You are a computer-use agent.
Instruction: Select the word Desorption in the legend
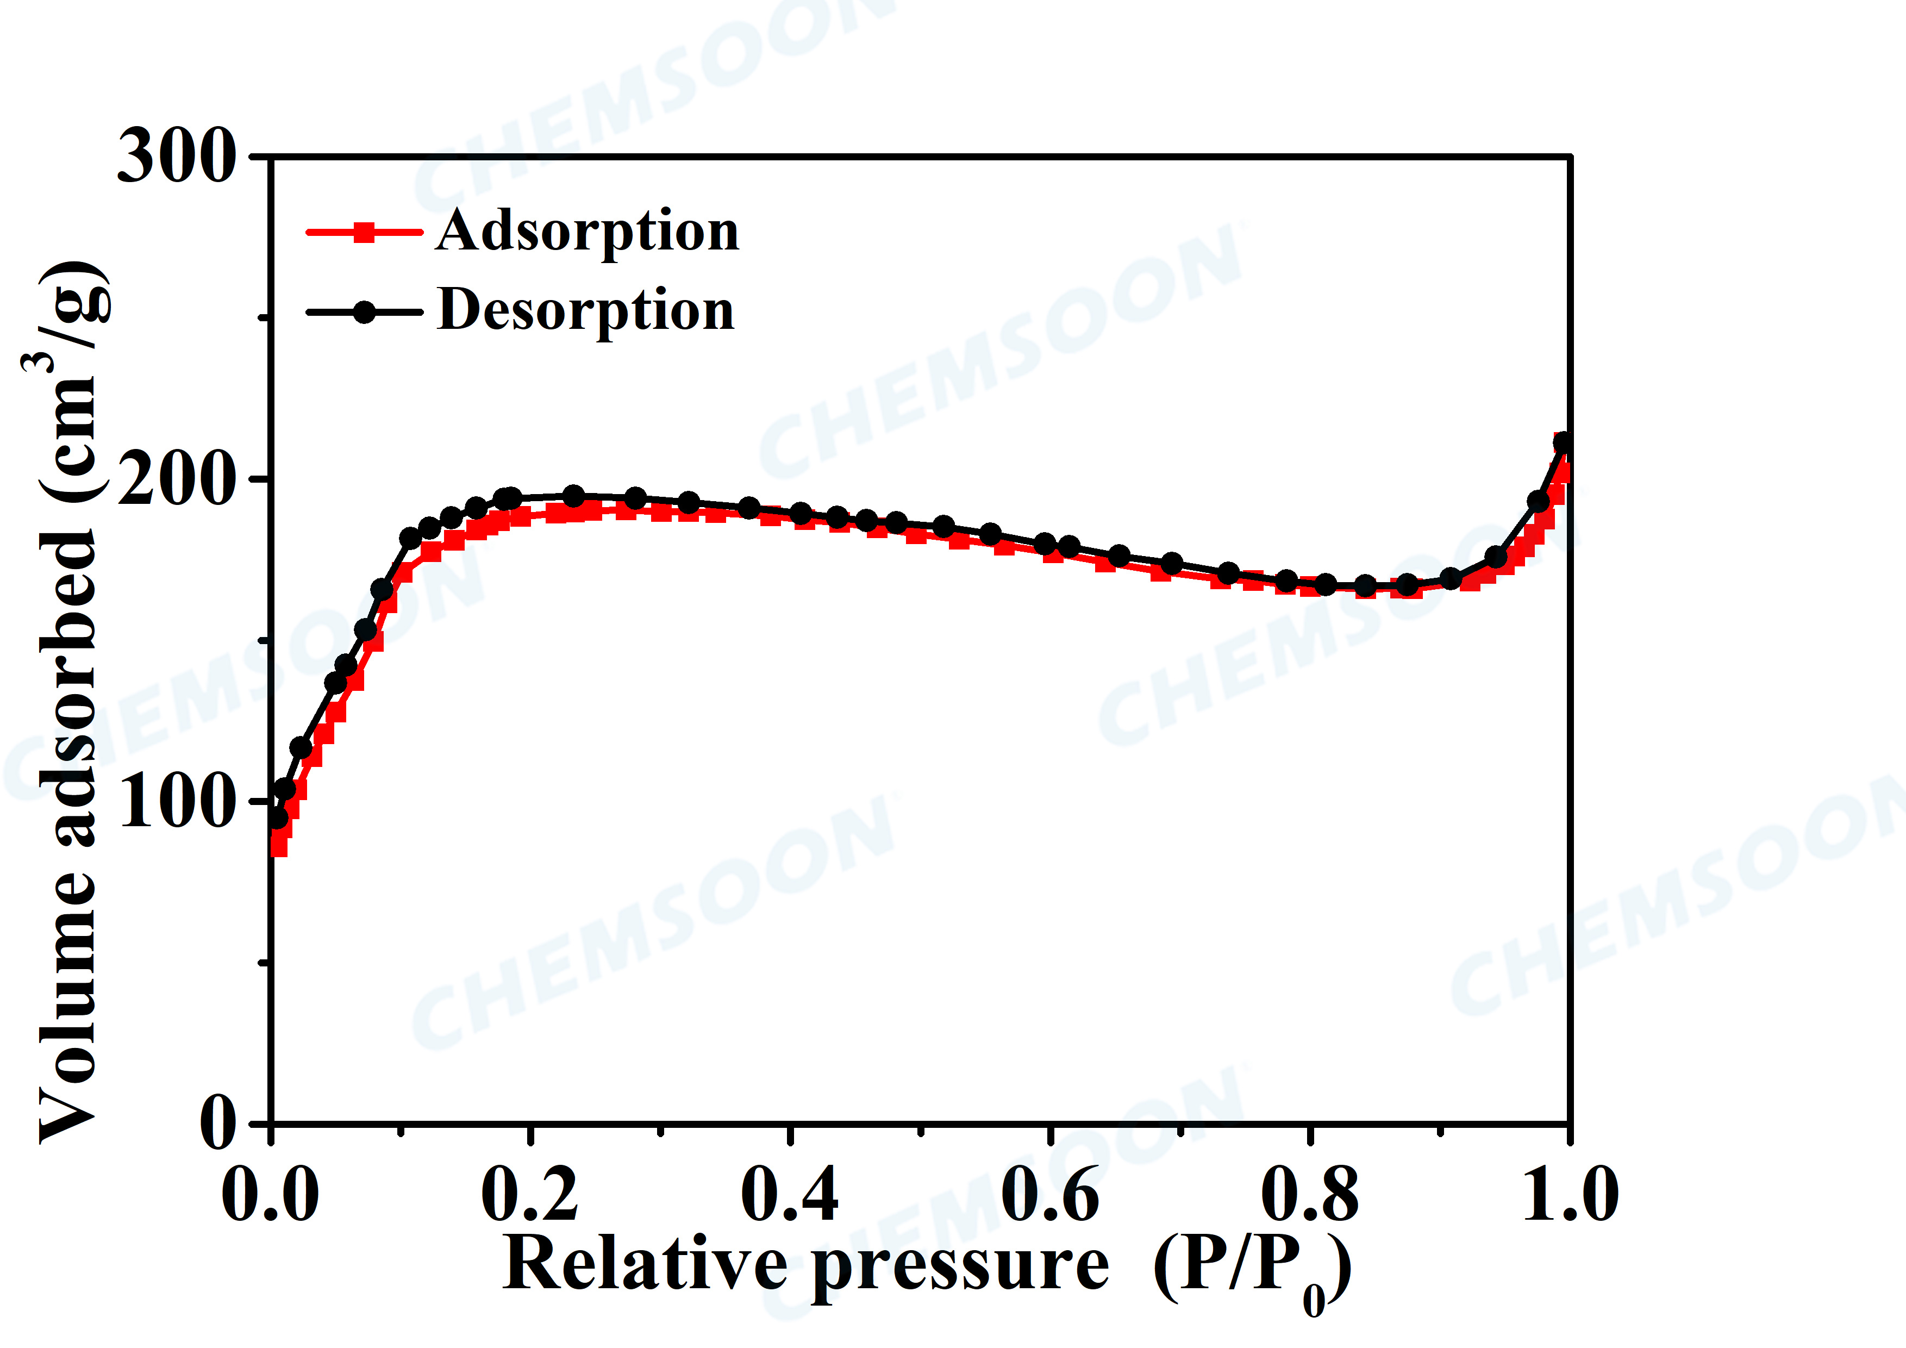coord(586,310)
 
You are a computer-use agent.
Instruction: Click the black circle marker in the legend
coord(364,312)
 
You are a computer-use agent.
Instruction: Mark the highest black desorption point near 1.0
coord(1563,442)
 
